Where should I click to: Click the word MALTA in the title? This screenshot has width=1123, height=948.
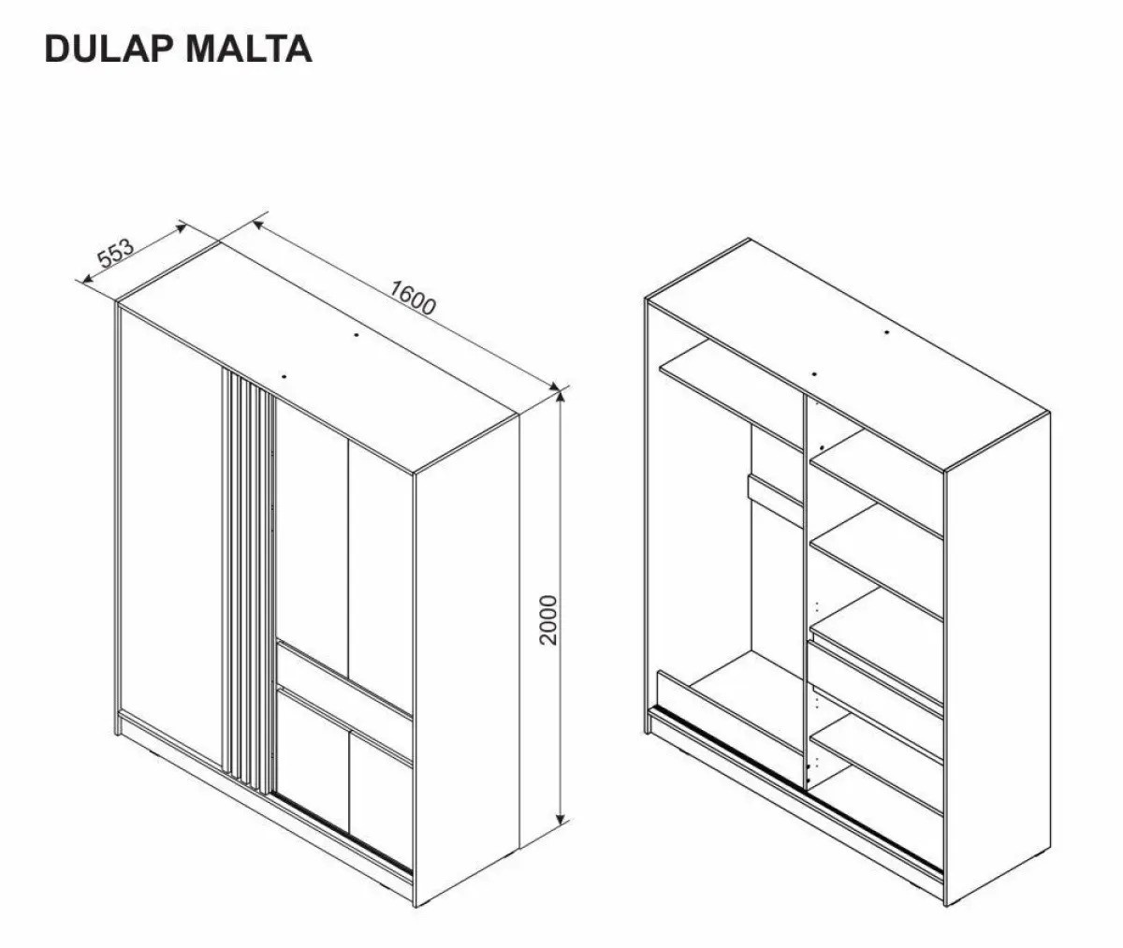click(x=249, y=49)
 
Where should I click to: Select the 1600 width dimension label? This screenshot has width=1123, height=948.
click(x=412, y=298)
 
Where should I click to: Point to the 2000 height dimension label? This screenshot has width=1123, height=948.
click(x=549, y=620)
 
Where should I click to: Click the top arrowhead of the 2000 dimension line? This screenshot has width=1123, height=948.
click(x=561, y=398)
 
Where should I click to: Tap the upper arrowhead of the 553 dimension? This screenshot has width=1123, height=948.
click(x=182, y=227)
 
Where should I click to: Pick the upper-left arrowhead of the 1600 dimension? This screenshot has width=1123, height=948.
click(x=258, y=224)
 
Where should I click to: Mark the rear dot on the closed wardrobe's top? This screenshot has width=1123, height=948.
click(x=356, y=335)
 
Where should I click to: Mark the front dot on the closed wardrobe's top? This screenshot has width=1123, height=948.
click(x=284, y=376)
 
